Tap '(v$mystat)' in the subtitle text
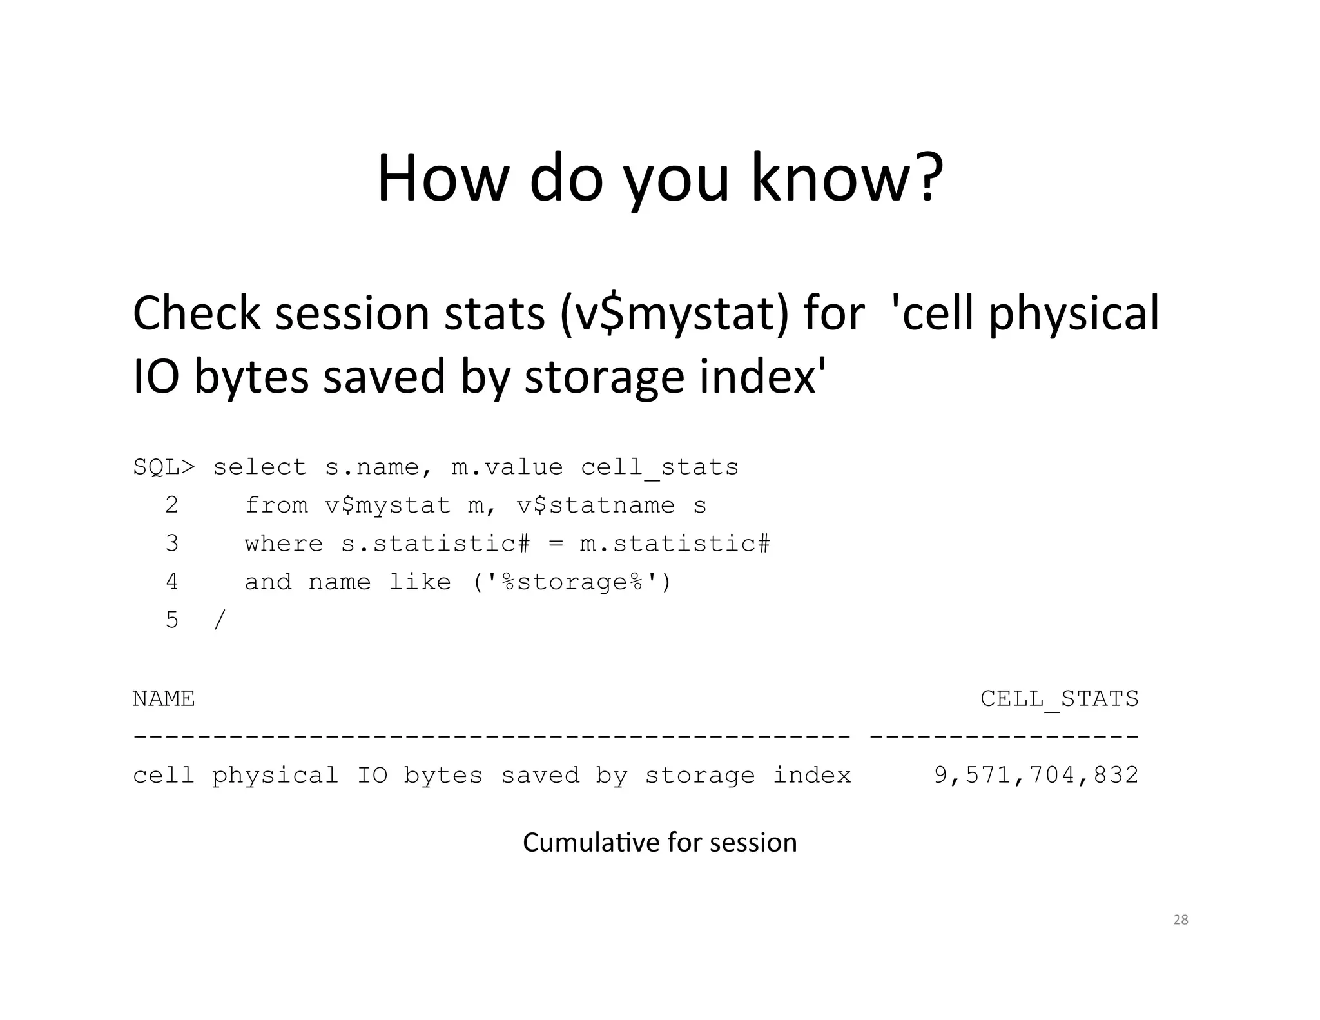point(674,314)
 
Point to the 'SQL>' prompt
point(164,467)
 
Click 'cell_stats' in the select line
point(659,467)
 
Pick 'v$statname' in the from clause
point(596,505)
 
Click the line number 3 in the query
point(171,544)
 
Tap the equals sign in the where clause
point(556,544)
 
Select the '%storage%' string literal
point(572,582)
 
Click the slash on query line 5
point(219,620)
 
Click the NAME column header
point(164,699)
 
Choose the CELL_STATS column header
point(1059,699)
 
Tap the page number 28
point(1180,920)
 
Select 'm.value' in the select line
point(507,467)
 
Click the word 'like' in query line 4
point(419,582)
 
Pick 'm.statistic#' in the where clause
point(675,544)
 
